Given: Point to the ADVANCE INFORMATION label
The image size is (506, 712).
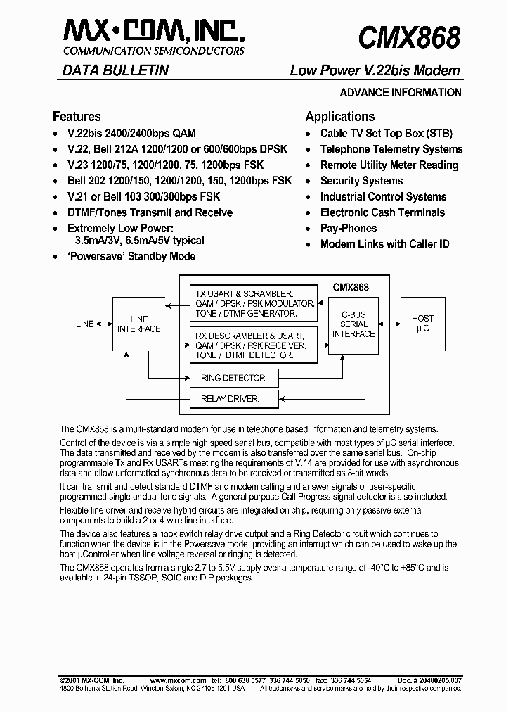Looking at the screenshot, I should coord(401,93).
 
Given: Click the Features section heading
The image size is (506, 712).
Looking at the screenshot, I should coord(77,117).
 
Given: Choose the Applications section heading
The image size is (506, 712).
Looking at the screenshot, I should coord(339,117).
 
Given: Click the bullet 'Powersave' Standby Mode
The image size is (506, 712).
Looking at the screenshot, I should coord(131,257).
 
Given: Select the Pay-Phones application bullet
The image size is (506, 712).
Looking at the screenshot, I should coord(349,229).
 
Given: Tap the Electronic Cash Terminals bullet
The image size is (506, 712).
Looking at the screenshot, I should coord(382,212).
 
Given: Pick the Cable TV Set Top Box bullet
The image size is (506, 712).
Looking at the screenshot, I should coord(387,133).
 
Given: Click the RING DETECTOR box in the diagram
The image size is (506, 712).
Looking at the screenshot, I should coord(233,378).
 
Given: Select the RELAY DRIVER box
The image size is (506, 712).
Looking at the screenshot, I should coord(230,399).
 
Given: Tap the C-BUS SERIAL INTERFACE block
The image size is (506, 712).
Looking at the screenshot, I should coord(353,324).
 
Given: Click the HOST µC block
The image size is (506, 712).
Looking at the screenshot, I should coord(422,324).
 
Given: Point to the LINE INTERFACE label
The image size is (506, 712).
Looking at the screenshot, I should coord(138,324).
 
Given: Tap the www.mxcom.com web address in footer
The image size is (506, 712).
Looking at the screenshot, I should coord(178,681).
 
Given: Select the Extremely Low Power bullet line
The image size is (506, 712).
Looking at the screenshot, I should coord(119,229).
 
